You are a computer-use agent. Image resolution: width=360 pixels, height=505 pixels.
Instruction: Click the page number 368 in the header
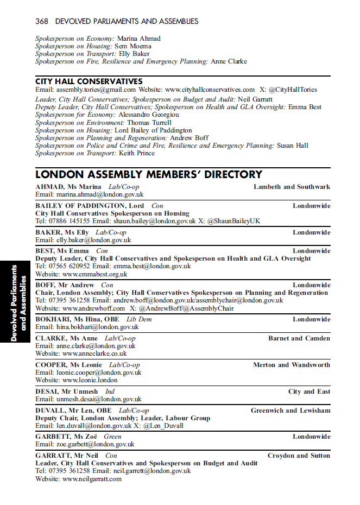pyautogui.click(x=42, y=22)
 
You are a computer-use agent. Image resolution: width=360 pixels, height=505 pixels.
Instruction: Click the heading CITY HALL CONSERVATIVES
pyautogui.click(x=89, y=81)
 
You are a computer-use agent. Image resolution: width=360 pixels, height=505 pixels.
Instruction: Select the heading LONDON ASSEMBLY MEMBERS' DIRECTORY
pyautogui.click(x=149, y=175)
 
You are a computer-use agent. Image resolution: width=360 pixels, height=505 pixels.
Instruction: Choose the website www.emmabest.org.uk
pyautogui.click(x=95, y=274)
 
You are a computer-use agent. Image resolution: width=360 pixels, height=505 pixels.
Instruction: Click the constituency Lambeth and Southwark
pyautogui.click(x=292, y=187)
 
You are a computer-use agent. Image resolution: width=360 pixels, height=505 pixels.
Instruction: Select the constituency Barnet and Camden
pyautogui.click(x=299, y=338)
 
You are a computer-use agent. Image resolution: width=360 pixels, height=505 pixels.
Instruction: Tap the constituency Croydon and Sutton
pyautogui.click(x=299, y=456)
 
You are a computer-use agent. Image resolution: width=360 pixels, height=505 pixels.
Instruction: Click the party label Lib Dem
pyautogui.click(x=139, y=319)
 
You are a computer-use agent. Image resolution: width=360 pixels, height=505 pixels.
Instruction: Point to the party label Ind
pyautogui.click(x=110, y=392)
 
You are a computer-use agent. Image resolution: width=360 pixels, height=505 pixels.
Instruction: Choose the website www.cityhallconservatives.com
pyautogui.click(x=210, y=90)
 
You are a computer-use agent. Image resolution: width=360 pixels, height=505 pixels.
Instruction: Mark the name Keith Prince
pyautogui.click(x=136, y=153)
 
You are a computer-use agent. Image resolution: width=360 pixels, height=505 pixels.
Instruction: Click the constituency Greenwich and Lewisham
pyautogui.click(x=290, y=411)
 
